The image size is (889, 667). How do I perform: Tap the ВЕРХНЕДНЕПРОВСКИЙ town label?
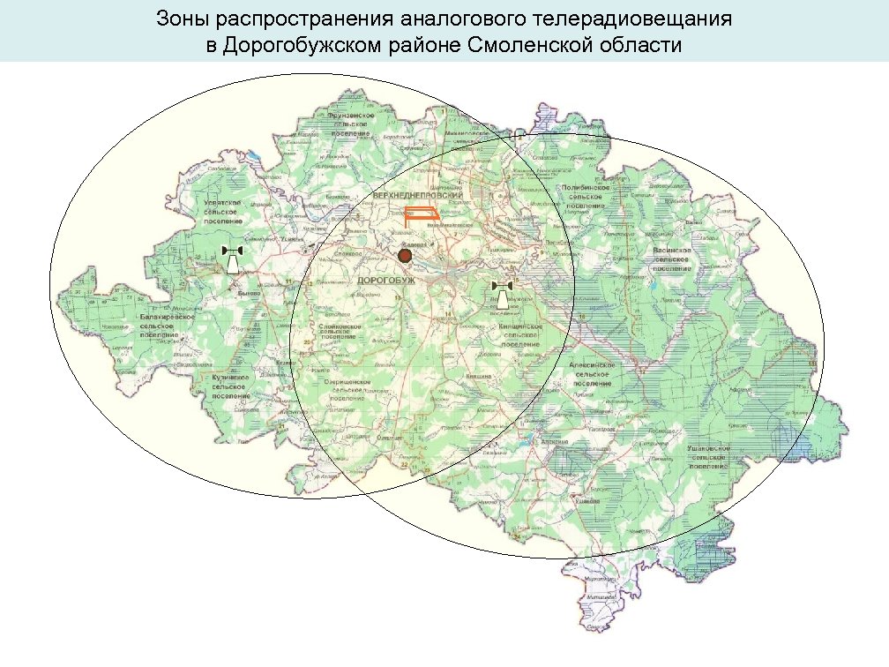417,193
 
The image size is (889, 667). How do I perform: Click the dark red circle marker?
405,256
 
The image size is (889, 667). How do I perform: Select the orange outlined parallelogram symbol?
422,212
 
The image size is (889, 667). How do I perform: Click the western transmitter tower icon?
232,260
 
